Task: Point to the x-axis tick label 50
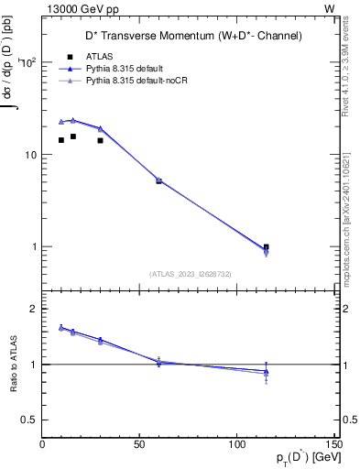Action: click(x=139, y=445)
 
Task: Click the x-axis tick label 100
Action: click(x=236, y=445)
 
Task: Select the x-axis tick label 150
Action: click(x=333, y=445)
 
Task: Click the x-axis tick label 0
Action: click(x=43, y=445)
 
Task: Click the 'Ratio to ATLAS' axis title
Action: click(x=14, y=365)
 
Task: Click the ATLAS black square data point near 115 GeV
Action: click(x=266, y=247)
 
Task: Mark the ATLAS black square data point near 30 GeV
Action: click(x=100, y=140)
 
